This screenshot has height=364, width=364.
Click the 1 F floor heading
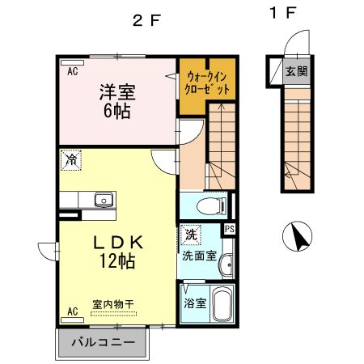(x=281, y=14)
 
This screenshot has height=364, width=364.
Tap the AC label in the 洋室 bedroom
(x=72, y=71)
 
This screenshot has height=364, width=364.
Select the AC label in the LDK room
(x=72, y=311)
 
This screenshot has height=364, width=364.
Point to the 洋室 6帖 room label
(x=117, y=102)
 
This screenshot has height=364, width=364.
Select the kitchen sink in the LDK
(x=103, y=200)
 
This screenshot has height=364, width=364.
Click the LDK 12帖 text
(x=116, y=251)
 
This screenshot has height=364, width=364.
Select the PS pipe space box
(x=229, y=230)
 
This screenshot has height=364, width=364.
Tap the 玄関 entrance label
(x=296, y=71)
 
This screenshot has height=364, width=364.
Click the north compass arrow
(x=298, y=237)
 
